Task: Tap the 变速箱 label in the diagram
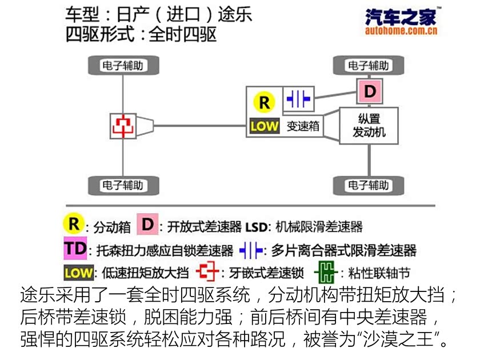303,126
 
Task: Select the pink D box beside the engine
370,91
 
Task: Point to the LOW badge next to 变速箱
264,126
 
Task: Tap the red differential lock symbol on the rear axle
123,125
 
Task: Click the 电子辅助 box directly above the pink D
369,65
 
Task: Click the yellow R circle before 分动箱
74,224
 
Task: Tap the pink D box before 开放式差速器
147,225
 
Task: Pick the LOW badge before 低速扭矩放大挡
79,273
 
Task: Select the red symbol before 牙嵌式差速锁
207,272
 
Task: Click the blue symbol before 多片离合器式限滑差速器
251,250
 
